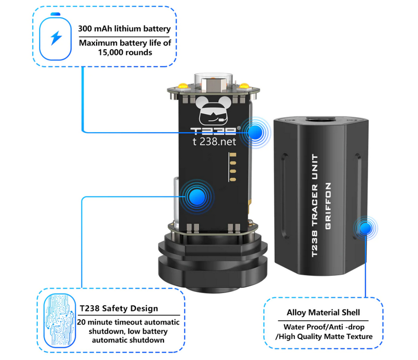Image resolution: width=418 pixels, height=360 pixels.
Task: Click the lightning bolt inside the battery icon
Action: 56,38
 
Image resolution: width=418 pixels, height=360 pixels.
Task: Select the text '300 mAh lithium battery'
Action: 124,29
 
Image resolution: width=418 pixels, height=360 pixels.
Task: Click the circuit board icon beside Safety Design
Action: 60,320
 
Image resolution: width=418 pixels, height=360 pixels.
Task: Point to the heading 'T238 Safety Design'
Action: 119,308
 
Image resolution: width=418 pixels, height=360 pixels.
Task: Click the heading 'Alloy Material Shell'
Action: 323,312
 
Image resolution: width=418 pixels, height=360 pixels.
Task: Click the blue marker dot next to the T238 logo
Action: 255,132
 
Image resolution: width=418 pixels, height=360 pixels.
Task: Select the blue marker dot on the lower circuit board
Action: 197,197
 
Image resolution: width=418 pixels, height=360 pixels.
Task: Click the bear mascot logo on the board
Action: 213,111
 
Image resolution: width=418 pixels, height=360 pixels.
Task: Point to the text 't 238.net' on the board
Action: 214,142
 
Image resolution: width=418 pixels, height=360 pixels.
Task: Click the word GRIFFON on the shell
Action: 328,206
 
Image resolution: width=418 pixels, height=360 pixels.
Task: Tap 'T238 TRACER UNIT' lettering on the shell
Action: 315,205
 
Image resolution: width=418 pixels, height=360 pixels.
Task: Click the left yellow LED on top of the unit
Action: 183,86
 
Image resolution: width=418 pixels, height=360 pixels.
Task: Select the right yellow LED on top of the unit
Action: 244,86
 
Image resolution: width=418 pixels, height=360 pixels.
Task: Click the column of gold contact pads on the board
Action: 233,167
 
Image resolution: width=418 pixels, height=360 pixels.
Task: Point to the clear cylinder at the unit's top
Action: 213,82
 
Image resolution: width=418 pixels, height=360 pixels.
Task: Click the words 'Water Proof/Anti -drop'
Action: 324,327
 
